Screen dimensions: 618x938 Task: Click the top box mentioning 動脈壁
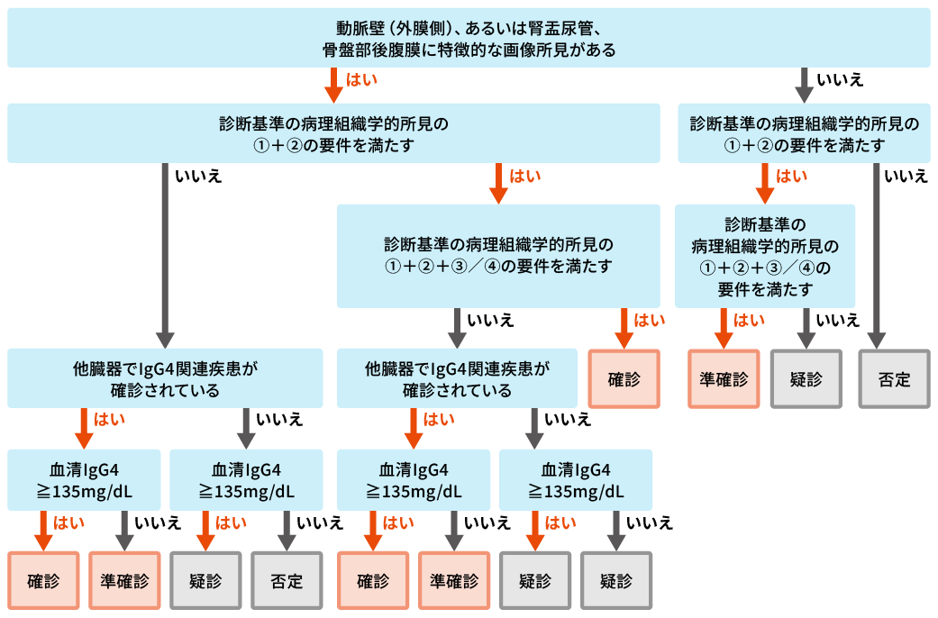pyautogui.click(x=469, y=38)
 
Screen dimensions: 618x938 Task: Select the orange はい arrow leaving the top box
pyautogui.click(x=333, y=85)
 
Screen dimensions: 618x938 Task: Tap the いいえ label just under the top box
pyautogui.click(x=839, y=80)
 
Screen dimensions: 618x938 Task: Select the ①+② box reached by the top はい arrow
pyautogui.click(x=333, y=133)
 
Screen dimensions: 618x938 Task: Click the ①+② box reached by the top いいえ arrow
pyautogui.click(x=804, y=133)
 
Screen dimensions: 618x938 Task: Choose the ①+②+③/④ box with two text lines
pyautogui.click(x=497, y=255)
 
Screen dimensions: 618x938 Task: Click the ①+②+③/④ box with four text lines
pyautogui.click(x=765, y=256)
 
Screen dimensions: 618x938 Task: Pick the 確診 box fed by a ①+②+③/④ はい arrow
pyautogui.click(x=624, y=379)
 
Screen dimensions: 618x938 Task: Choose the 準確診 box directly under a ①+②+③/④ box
pyautogui.click(x=724, y=379)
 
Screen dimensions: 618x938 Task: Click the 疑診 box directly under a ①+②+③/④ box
pyautogui.click(x=806, y=379)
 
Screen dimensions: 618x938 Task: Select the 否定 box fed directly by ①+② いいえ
pyautogui.click(x=894, y=379)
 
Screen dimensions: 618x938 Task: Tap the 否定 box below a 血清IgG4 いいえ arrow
pyautogui.click(x=287, y=580)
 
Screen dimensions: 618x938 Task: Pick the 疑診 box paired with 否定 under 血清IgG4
pyautogui.click(x=205, y=580)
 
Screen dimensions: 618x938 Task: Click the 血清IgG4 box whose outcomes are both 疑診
pyautogui.click(x=575, y=480)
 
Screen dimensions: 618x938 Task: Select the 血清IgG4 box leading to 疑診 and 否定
pyautogui.click(x=246, y=480)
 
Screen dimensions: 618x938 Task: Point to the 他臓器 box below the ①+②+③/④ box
pyautogui.click(x=457, y=379)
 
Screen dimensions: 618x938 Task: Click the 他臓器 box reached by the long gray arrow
pyautogui.click(x=165, y=379)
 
